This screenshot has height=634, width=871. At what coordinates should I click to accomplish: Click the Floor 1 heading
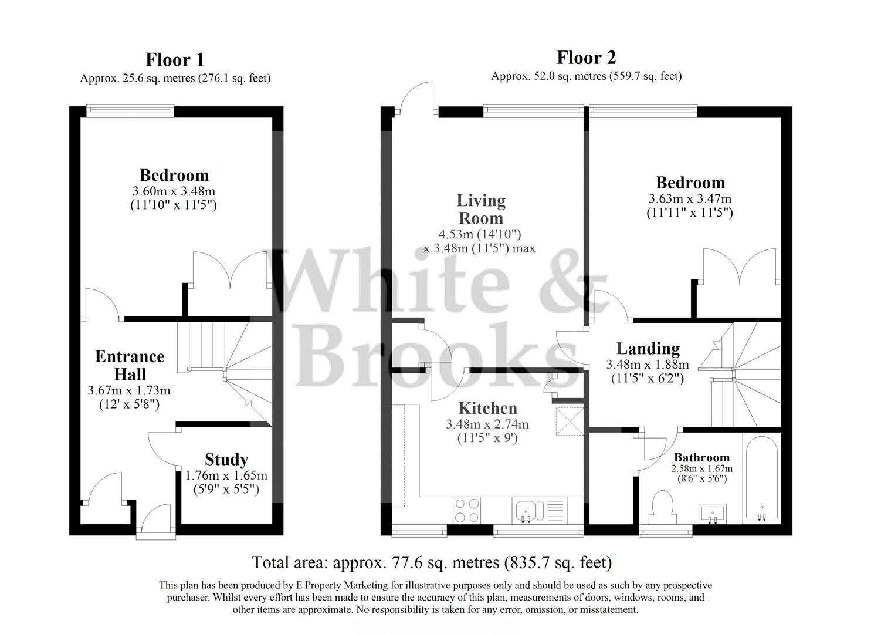[x=175, y=60]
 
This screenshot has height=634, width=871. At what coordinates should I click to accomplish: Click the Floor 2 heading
[x=586, y=58]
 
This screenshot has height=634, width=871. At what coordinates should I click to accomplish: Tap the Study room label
[x=226, y=459]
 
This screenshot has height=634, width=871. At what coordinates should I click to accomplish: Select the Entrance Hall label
[x=130, y=365]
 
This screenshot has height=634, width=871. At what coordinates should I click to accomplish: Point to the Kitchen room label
[x=487, y=408]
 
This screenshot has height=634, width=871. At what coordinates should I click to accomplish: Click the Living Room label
[x=480, y=209]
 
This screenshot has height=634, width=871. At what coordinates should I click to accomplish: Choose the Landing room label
[x=648, y=349]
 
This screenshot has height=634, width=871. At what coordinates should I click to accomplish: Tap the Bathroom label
[x=701, y=457]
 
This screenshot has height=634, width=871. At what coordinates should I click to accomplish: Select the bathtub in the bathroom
[x=761, y=479]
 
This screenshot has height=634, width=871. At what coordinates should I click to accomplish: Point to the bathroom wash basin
[x=712, y=513]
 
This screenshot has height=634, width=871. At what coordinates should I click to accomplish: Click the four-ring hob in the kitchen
[x=466, y=510]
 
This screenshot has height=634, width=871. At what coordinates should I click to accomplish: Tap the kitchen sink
[x=530, y=510]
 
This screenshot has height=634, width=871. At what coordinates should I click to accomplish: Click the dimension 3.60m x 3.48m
[x=174, y=191]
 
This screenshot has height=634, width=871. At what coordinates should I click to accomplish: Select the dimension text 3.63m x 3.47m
[x=690, y=199]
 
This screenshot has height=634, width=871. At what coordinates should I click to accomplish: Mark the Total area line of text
[x=432, y=562]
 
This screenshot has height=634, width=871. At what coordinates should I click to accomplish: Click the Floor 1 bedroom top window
[x=130, y=111]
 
